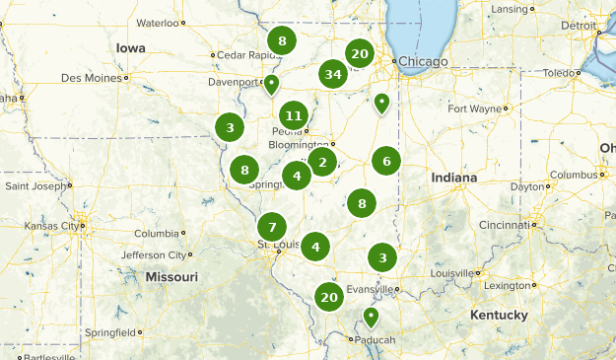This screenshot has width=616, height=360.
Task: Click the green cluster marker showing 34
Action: tap(333, 74)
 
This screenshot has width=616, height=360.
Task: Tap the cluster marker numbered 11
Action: tap(293, 116)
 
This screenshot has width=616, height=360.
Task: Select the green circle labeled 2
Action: tap(322, 162)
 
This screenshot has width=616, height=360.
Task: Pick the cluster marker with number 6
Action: tap(386, 161)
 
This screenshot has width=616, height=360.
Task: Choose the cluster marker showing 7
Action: tap(272, 225)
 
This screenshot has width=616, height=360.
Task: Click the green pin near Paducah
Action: tap(371, 317)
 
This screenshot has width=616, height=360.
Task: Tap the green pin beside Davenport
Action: tap(271, 84)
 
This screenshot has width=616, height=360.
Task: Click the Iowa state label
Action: tap(130, 47)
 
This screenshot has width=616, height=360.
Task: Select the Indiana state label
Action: tap(453, 178)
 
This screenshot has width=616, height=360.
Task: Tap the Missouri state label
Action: tap(171, 277)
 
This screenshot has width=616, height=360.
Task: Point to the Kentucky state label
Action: tap(498, 315)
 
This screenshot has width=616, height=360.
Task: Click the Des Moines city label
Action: tap(91, 77)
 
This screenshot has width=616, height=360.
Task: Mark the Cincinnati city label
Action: tap(501, 225)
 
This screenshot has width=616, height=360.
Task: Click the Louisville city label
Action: tap(451, 273)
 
